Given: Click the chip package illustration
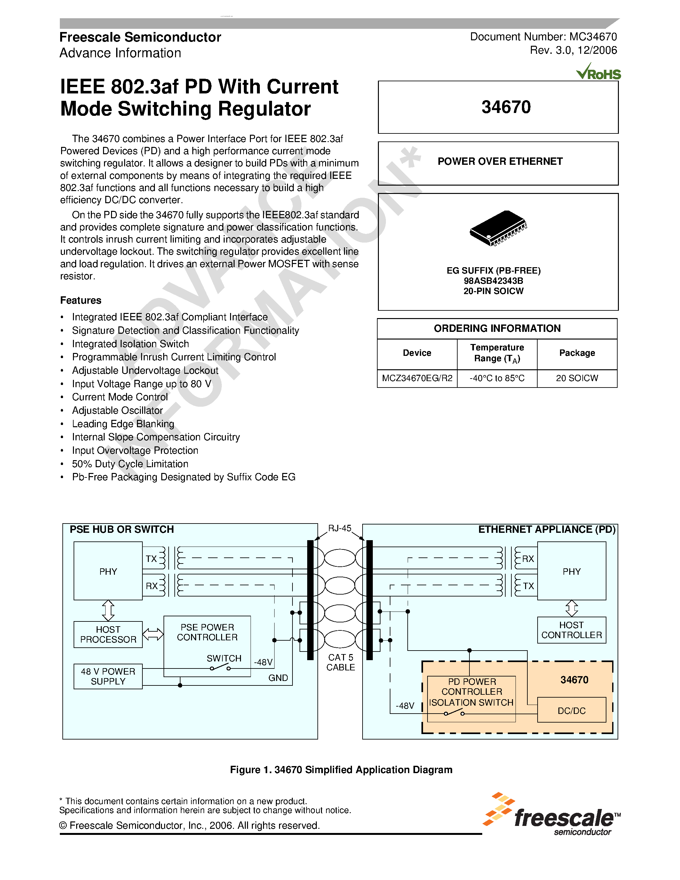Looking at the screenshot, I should pyautogui.click(x=498, y=228).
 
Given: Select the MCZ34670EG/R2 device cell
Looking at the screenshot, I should pyautogui.click(x=417, y=378).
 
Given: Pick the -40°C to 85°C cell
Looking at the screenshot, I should pyautogui.click(x=497, y=378).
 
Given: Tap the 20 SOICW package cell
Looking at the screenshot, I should pyautogui.click(x=577, y=378).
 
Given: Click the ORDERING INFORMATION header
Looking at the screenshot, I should pyautogui.click(x=497, y=328).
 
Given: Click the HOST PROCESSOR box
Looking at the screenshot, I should pyautogui.click(x=108, y=634).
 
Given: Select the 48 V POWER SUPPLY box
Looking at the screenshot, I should pyautogui.click(x=108, y=676).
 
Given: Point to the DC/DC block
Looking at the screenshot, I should pyautogui.click(x=571, y=711).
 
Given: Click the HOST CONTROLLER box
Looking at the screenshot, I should pyautogui.click(x=571, y=630).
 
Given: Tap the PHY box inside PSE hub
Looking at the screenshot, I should pyautogui.click(x=108, y=571).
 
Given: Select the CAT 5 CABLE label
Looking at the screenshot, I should pyautogui.click(x=340, y=662).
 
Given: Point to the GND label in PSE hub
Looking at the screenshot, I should pyautogui.click(x=278, y=678).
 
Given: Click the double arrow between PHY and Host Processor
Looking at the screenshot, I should pyautogui.click(x=108, y=611).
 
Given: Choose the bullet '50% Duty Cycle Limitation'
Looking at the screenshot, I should pyautogui.click(x=130, y=464).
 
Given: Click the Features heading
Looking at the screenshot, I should pyautogui.click(x=81, y=300).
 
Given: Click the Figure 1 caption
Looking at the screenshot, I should pyautogui.click(x=341, y=770).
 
